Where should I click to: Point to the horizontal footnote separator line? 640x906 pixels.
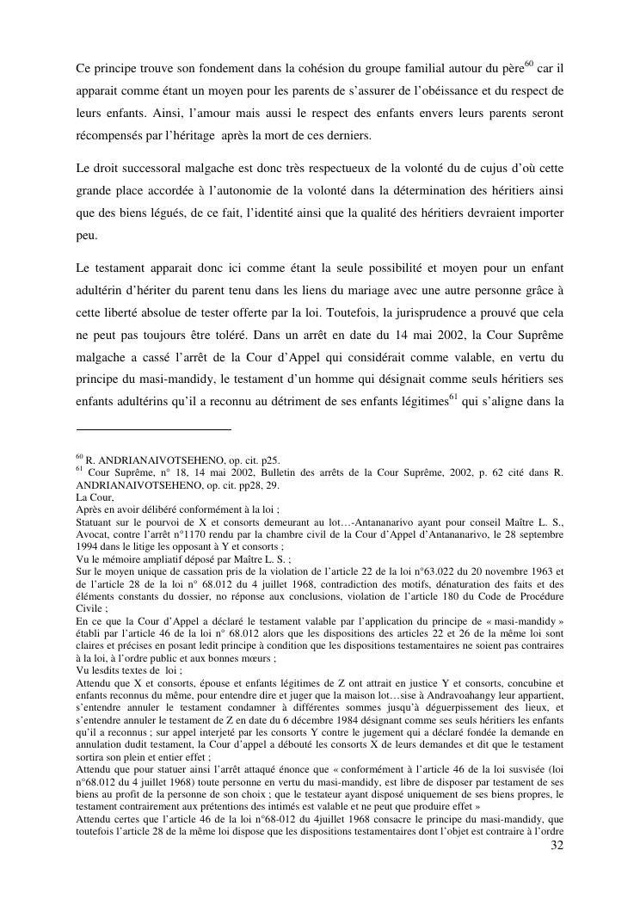click(x=154, y=428)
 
